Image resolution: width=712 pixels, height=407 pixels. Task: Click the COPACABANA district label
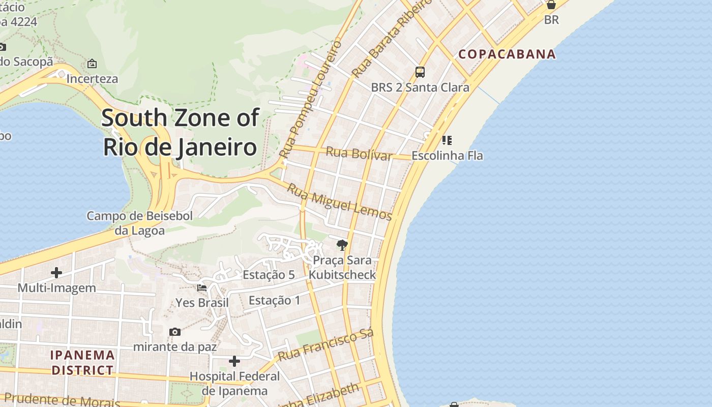pos(507,54)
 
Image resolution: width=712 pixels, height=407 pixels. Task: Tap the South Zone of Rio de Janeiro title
pos(180,132)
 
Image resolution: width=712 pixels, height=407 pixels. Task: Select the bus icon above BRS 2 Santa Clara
pos(420,72)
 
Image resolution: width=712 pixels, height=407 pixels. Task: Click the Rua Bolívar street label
pos(359,153)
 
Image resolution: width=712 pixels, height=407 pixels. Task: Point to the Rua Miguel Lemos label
pos(339,202)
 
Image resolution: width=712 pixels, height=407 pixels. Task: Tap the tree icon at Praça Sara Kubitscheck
pos(342,245)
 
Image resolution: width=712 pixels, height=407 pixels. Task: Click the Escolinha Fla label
pos(447,156)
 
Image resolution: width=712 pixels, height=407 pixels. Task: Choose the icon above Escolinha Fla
pos(447,140)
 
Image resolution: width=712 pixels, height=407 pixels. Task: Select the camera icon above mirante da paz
pos(175,332)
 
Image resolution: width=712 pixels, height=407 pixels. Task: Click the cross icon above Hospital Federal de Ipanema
pos(234,361)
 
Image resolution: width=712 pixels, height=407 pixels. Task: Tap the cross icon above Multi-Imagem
pos(56,273)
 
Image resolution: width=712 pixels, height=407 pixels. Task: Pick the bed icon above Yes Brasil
pos(202,287)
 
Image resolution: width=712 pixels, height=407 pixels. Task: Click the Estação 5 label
pos(269,275)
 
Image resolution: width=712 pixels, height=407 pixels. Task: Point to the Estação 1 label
pos(275,301)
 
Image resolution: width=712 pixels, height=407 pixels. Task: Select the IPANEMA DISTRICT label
pos(82,362)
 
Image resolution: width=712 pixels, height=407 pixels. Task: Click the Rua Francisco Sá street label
pos(326,345)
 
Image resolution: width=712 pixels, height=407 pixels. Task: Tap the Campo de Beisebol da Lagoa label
pos(139,223)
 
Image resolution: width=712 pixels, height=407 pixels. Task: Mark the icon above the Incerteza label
pos(92,64)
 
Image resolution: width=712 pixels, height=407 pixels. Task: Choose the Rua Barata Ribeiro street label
pos(393,38)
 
